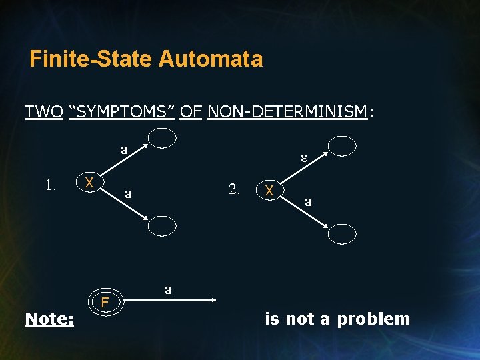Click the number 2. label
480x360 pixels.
[235, 189]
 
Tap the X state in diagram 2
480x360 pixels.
[270, 190]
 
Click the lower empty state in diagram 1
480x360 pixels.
[162, 227]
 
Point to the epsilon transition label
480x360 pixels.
[303, 159]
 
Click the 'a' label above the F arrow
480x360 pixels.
[169, 289]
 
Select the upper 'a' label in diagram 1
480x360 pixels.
[124, 149]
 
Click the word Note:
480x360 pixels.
[49, 319]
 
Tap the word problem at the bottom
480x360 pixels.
[373, 319]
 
